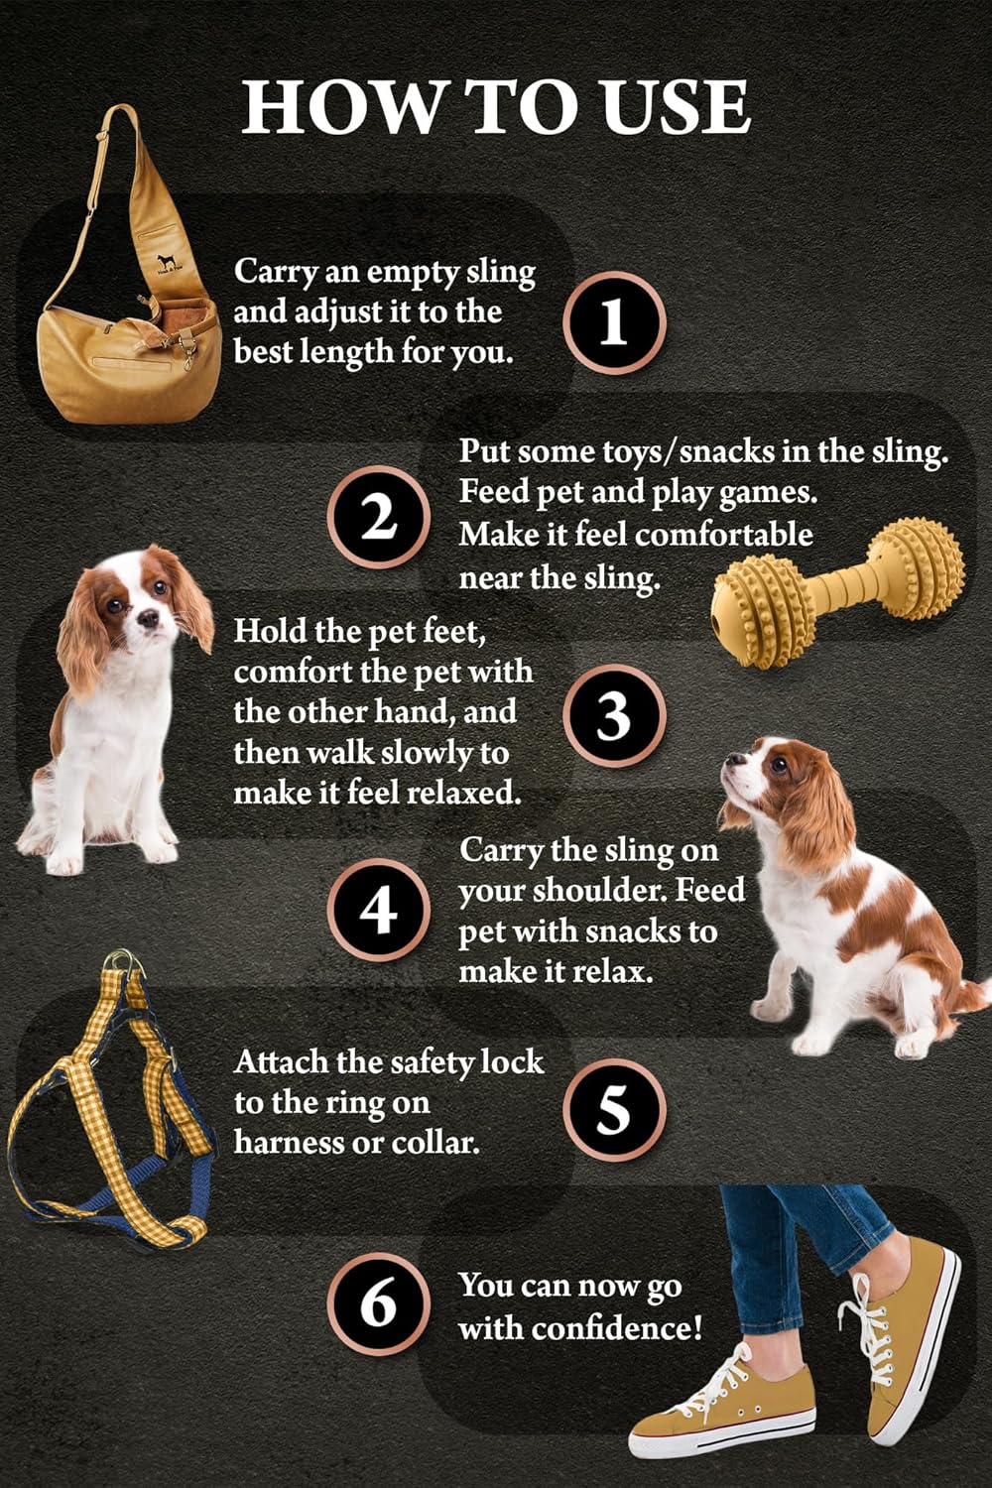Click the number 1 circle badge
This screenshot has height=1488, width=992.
[x=614, y=322]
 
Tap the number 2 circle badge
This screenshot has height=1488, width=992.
[x=378, y=518]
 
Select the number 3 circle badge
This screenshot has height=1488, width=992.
[x=614, y=715]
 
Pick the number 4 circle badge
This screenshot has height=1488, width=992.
[x=378, y=910]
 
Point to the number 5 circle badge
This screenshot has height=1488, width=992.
[x=614, y=1109]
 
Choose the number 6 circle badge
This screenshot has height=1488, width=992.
[x=378, y=1303]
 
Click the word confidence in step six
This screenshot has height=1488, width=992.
[x=617, y=1327]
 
